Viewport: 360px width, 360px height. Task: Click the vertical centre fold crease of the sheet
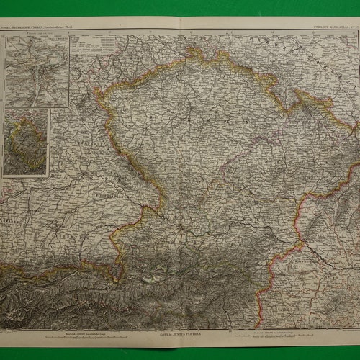pyautogui.click(x=180, y=180)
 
